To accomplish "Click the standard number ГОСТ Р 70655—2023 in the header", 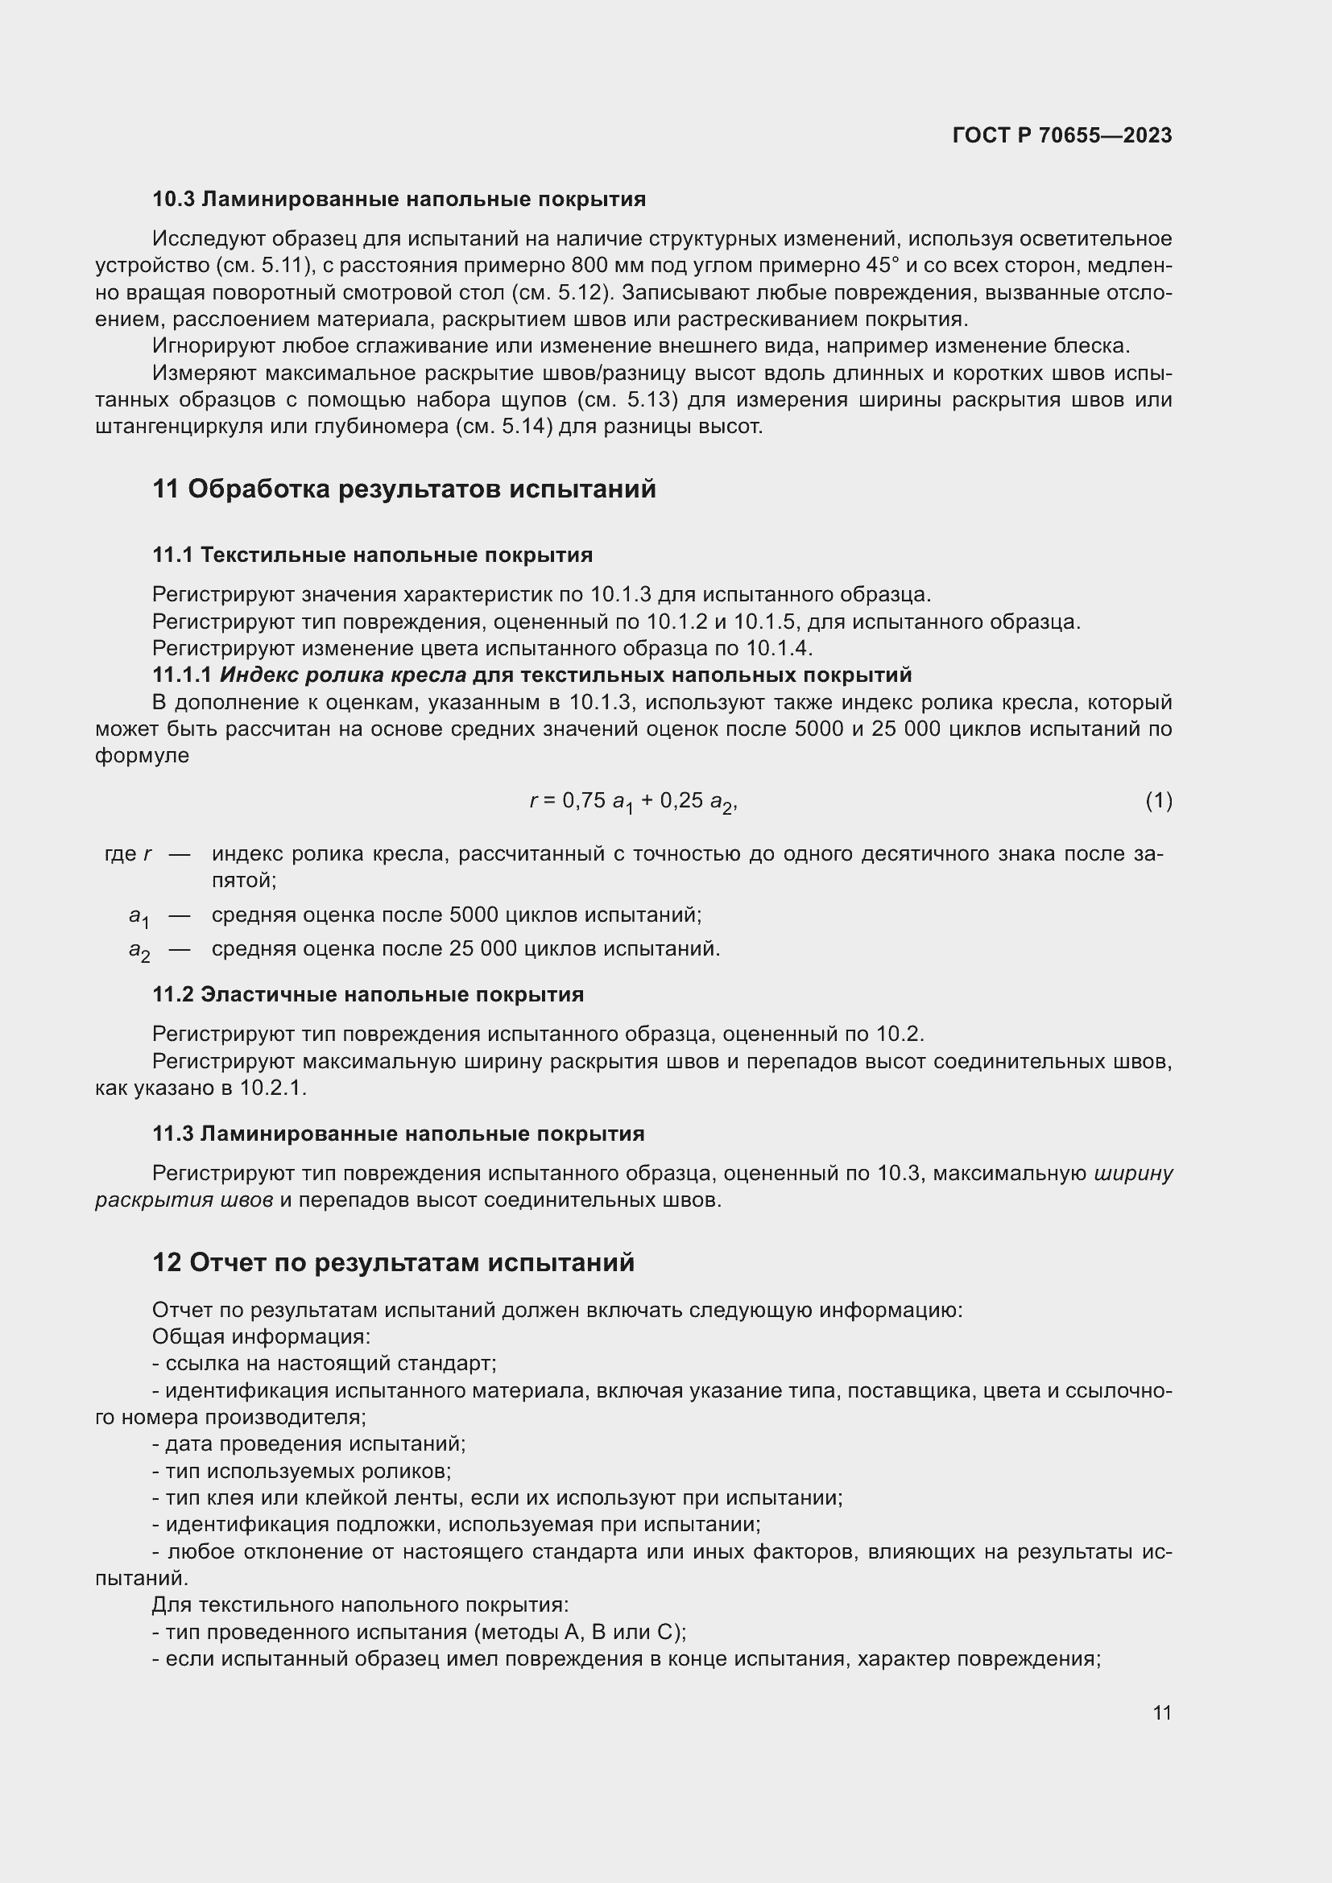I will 1062,135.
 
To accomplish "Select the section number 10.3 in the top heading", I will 173,200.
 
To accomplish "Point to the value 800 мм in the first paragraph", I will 610,266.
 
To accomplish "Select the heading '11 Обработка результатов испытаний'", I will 403,489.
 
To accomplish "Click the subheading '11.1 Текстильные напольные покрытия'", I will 372,555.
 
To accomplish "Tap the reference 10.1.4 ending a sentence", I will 778,649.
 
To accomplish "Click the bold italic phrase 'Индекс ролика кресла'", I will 343,675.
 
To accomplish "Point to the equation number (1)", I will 1158,800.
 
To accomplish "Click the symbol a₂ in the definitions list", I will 139,951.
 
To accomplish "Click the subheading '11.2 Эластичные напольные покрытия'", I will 367,995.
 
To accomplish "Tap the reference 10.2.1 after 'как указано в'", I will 272,1088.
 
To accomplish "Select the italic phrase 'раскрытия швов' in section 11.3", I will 184,1200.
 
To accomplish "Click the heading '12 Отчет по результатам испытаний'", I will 393,1262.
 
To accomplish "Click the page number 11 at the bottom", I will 1161,1712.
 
